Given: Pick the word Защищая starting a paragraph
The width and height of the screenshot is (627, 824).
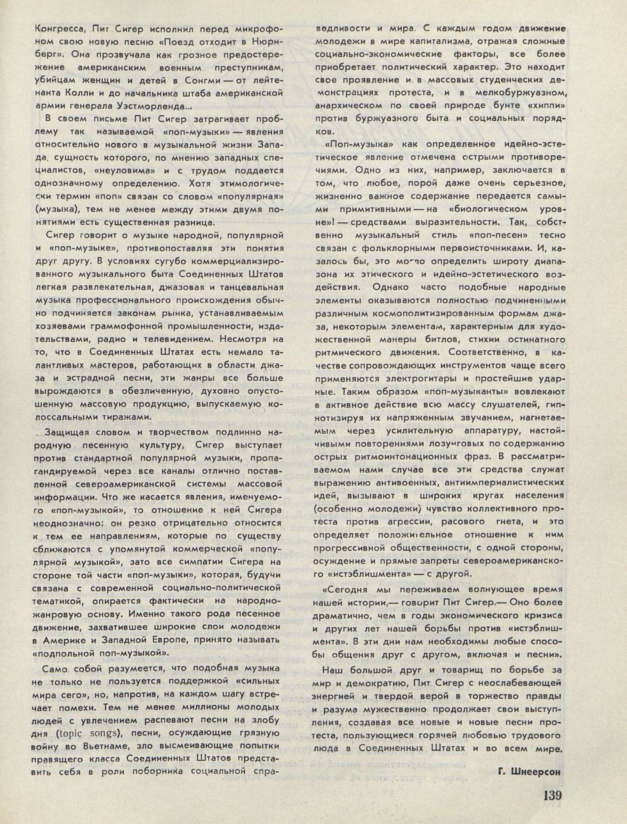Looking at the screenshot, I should click(x=67, y=433).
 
